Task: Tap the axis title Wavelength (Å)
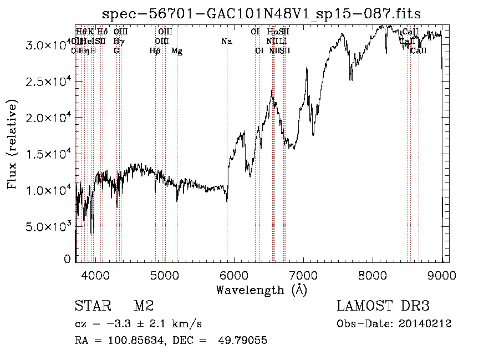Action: (261, 290)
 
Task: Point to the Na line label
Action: (226, 41)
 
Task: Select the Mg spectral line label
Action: (177, 51)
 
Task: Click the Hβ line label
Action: (155, 51)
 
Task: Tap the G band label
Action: (116, 51)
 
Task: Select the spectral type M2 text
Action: (144, 306)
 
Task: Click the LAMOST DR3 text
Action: (383, 306)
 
